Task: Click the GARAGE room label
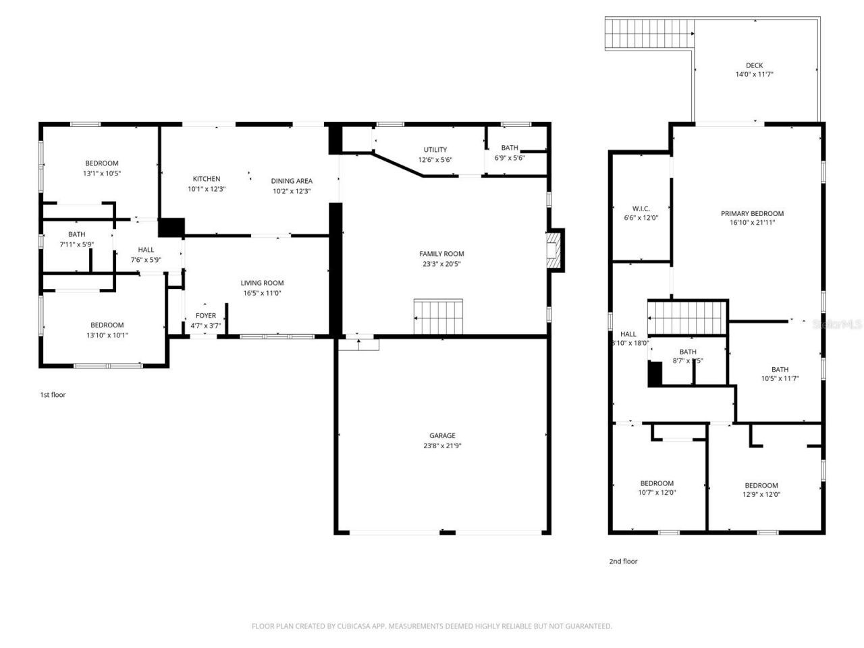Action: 442,435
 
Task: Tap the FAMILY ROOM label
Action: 441,254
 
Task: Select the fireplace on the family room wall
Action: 555,250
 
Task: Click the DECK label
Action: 754,65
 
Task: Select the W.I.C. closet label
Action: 641,209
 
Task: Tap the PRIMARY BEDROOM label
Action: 752,213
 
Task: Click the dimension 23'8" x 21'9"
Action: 442,446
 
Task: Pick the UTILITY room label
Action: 435,150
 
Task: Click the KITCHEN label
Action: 206,179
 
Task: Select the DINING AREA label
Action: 291,181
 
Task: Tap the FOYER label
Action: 206,315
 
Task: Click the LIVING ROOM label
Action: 262,283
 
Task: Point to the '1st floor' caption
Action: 53,395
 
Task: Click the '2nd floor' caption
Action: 623,561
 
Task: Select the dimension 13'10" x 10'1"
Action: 107,335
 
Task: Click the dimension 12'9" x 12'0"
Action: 761,494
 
